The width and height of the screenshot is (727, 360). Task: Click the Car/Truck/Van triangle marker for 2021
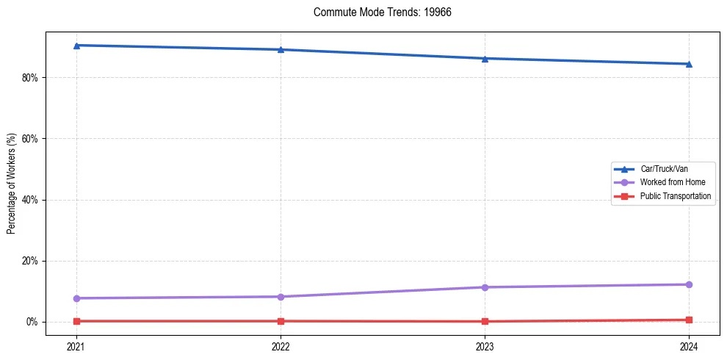click(76, 46)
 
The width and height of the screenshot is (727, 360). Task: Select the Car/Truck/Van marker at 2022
click(281, 50)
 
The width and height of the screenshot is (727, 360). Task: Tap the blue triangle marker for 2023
click(485, 59)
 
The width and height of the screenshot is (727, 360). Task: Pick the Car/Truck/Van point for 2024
click(689, 64)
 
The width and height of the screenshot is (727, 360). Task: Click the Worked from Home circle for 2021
click(76, 298)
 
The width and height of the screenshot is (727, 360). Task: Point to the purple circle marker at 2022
click(281, 297)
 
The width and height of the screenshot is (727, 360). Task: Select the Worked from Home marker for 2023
click(485, 287)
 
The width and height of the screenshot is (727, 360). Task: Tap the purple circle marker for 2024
click(689, 284)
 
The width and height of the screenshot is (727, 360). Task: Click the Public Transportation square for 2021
click(76, 321)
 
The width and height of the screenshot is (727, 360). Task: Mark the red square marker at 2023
click(485, 321)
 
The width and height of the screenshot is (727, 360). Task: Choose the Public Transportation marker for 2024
click(689, 320)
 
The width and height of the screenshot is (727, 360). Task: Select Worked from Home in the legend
click(672, 182)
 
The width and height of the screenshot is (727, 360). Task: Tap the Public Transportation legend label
click(675, 196)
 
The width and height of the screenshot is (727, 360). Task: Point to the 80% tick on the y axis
click(30, 78)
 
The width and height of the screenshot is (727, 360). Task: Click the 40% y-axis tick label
click(30, 200)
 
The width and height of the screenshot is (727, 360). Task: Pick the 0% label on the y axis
click(32, 322)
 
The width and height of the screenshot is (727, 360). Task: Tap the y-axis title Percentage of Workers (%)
click(11, 184)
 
